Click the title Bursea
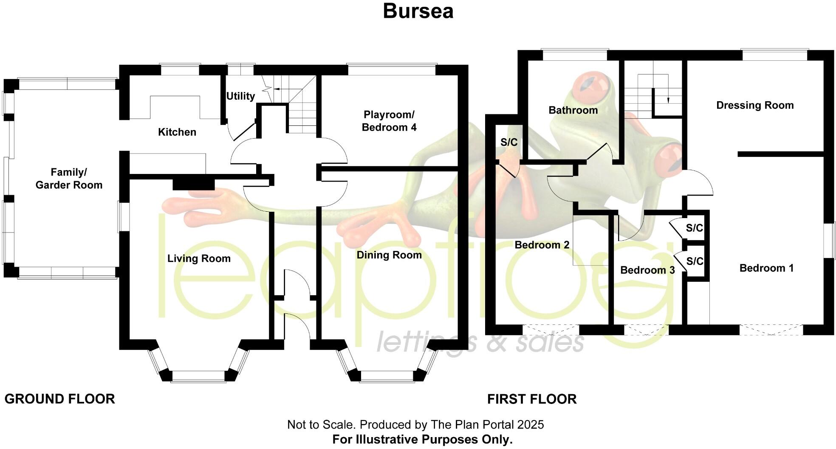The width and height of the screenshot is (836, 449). (418, 11)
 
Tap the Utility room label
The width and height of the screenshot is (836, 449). (240, 96)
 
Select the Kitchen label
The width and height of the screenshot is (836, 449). (177, 132)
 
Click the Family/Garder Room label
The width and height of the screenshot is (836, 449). (69, 179)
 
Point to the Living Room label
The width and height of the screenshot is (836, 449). (199, 259)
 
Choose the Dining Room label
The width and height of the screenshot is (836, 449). (389, 255)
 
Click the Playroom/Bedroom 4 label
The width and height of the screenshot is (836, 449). (389, 121)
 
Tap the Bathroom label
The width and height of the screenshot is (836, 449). (573, 111)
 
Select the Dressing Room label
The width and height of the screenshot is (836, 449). (755, 105)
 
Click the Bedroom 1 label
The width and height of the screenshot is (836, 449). (766, 268)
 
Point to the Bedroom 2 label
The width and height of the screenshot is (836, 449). (542, 245)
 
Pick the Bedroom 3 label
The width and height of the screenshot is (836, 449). (647, 270)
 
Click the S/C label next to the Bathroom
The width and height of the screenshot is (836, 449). (509, 142)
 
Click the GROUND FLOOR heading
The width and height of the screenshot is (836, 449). (59, 399)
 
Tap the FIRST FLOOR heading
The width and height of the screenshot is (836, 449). (532, 399)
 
